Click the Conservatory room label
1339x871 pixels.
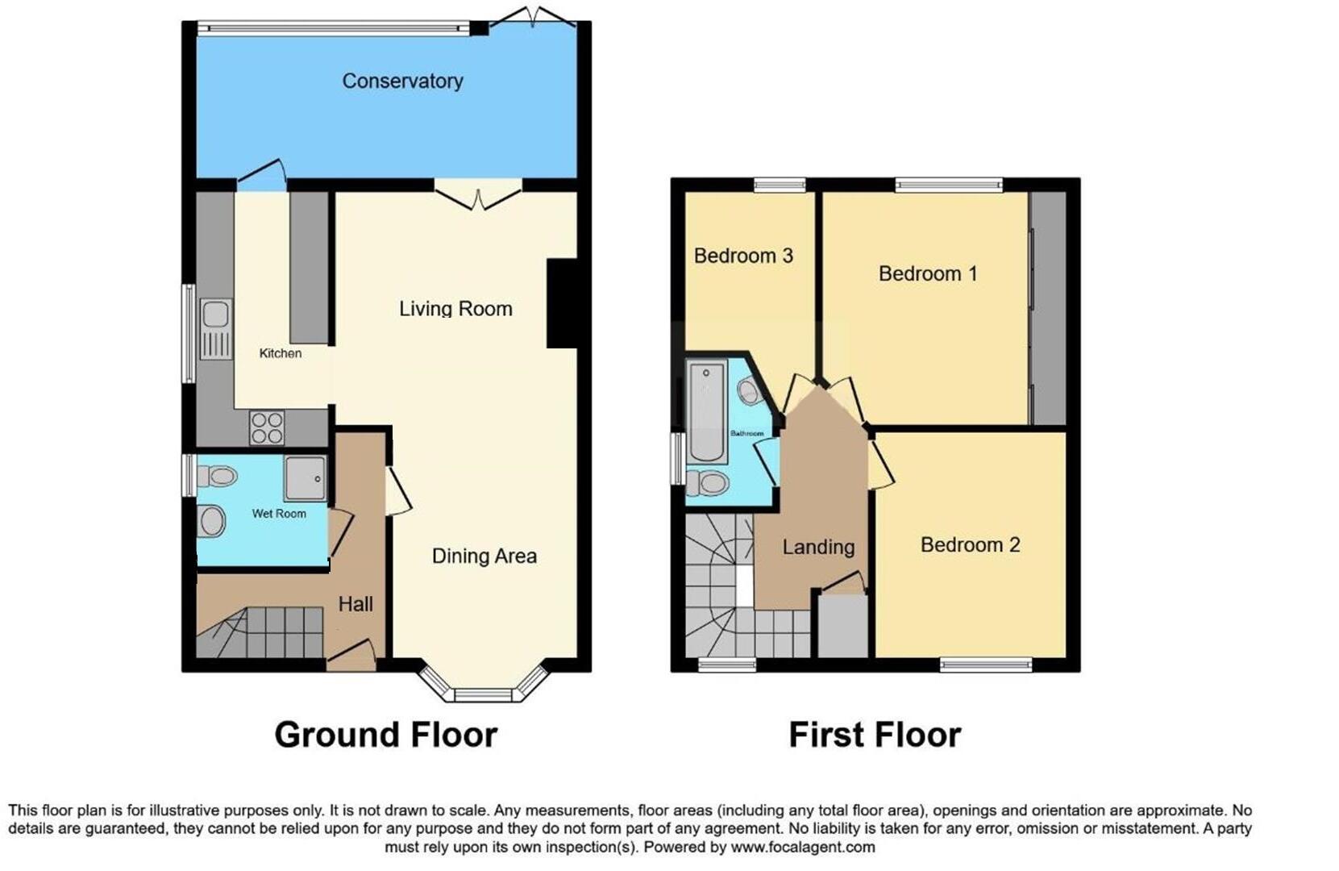(x=402, y=81)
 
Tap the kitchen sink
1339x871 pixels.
(x=216, y=328)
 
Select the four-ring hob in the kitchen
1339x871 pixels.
(x=266, y=427)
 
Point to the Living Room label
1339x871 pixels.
(x=455, y=309)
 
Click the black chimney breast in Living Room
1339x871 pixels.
(x=563, y=303)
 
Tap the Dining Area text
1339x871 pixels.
(x=484, y=556)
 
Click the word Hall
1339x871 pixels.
(x=356, y=604)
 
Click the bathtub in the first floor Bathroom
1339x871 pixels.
(x=707, y=411)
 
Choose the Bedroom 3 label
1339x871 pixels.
(x=743, y=256)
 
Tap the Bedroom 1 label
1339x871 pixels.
(x=928, y=274)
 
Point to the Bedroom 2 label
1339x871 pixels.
(x=970, y=545)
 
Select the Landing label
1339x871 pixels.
(x=818, y=547)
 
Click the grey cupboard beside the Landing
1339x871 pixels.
(x=843, y=626)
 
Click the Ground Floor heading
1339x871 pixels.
(x=386, y=735)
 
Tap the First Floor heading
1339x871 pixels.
(x=875, y=735)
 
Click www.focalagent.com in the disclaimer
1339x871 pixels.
(x=802, y=848)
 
